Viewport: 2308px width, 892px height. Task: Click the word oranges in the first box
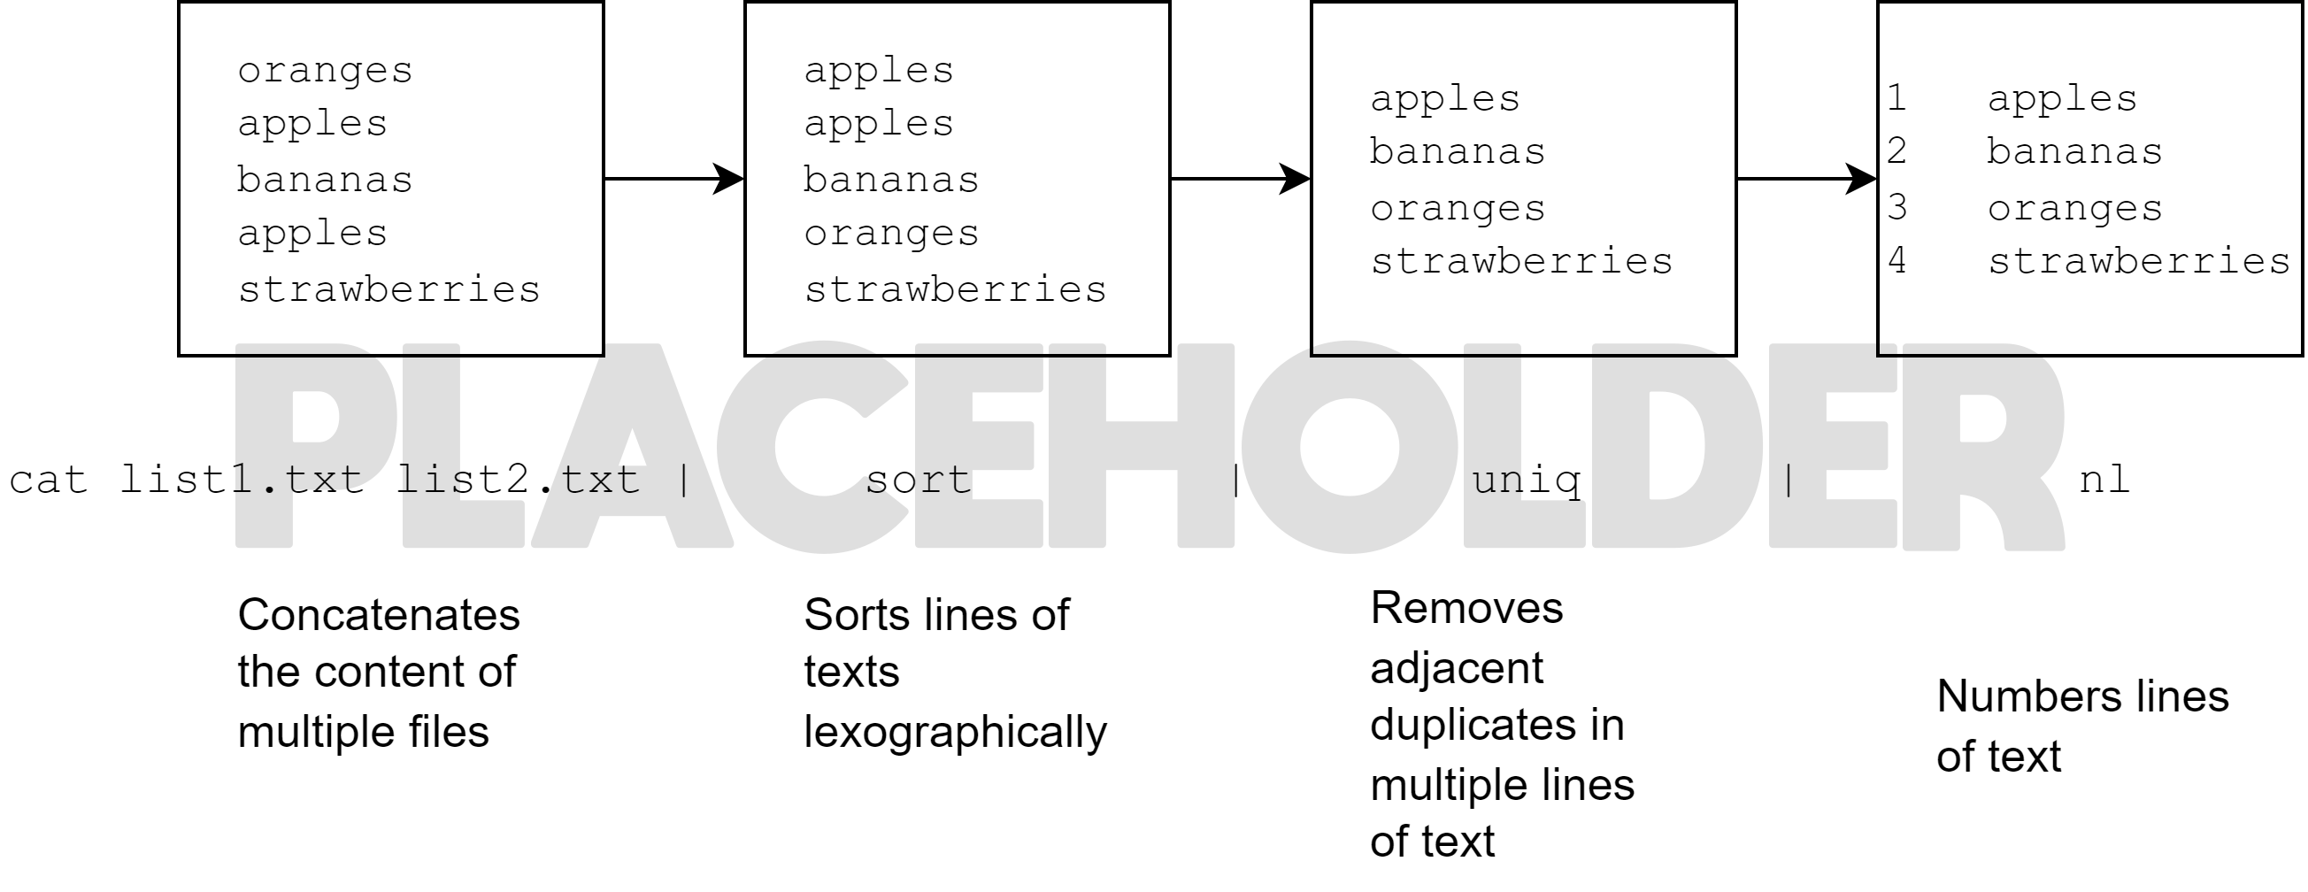pyautogui.click(x=324, y=71)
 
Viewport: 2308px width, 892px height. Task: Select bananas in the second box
pyautogui.click(x=890, y=180)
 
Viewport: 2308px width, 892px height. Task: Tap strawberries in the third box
pyautogui.click(x=1520, y=262)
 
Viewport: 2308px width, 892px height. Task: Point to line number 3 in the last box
pyautogui.click(x=1896, y=208)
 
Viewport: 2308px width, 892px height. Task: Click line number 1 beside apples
pyautogui.click(x=1896, y=97)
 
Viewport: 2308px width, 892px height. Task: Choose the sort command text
pyautogui.click(x=918, y=480)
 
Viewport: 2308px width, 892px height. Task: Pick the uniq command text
pyautogui.click(x=1526, y=480)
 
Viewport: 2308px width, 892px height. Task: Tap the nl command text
pyautogui.click(x=2104, y=480)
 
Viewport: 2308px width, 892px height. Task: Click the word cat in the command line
pyautogui.click(x=49, y=480)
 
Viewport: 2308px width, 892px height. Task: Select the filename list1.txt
pyautogui.click(x=242, y=480)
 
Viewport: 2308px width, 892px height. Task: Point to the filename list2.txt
pyautogui.click(x=518, y=480)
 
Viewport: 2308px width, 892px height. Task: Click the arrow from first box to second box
pyautogui.click(x=673, y=179)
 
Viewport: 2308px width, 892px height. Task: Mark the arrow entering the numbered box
pyautogui.click(x=1806, y=179)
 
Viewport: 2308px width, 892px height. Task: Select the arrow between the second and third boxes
pyautogui.click(x=1240, y=179)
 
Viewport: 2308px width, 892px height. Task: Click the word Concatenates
pyautogui.click(x=378, y=616)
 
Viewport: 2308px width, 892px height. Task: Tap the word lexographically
pyautogui.click(x=955, y=733)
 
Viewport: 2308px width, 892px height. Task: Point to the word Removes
pyautogui.click(x=1466, y=609)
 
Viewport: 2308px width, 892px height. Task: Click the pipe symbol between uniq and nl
pyautogui.click(x=1789, y=480)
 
